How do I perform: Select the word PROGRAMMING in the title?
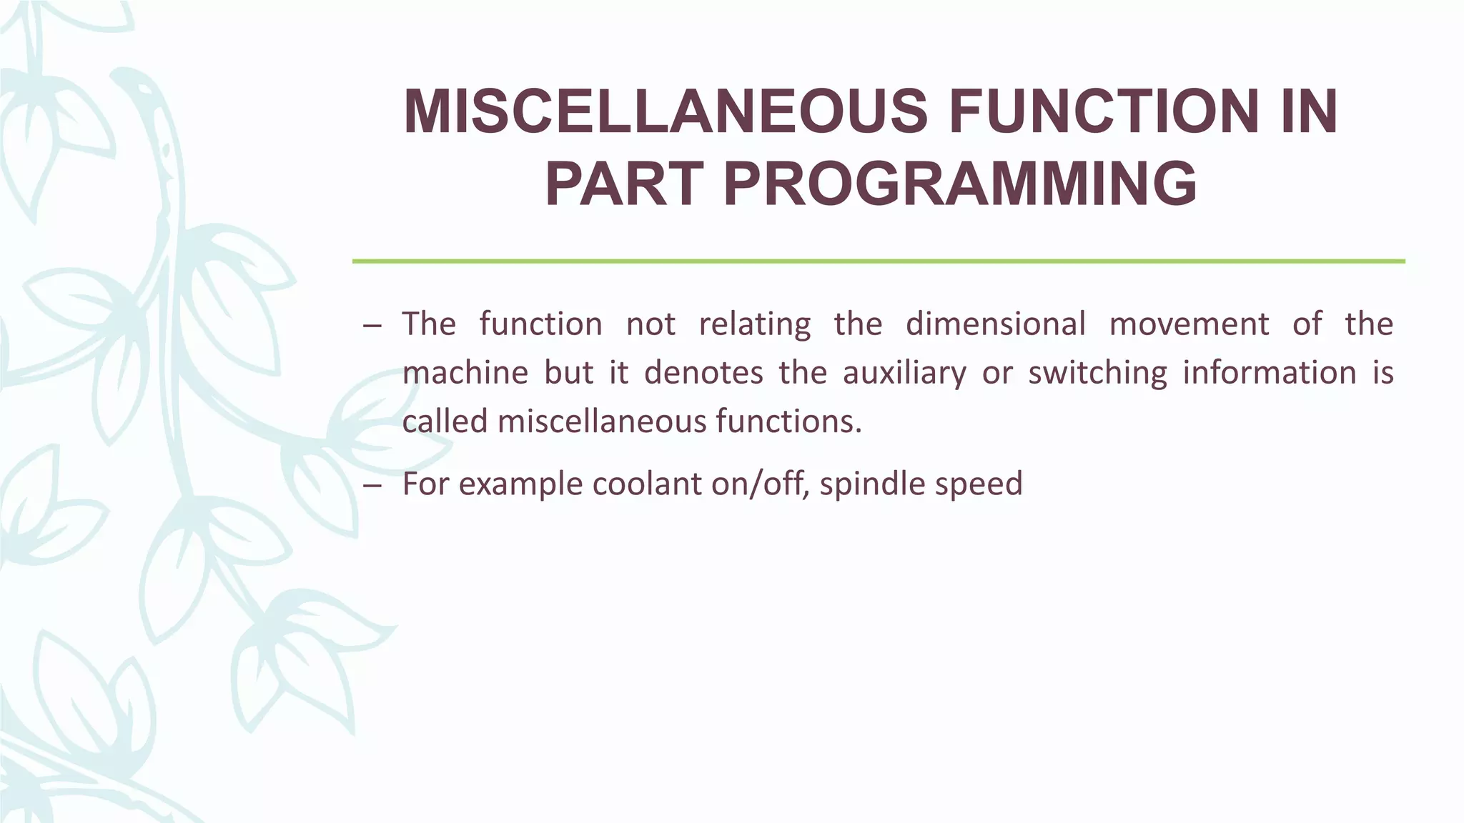click(960, 184)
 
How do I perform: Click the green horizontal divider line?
click(878, 261)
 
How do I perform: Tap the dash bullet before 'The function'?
click(372, 326)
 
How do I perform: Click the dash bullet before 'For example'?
click(372, 486)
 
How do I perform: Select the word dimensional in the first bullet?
click(995, 324)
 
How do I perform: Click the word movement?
click(1189, 324)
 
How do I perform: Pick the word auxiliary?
click(904, 373)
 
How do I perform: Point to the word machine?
click(465, 373)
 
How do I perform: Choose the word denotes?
click(703, 373)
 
